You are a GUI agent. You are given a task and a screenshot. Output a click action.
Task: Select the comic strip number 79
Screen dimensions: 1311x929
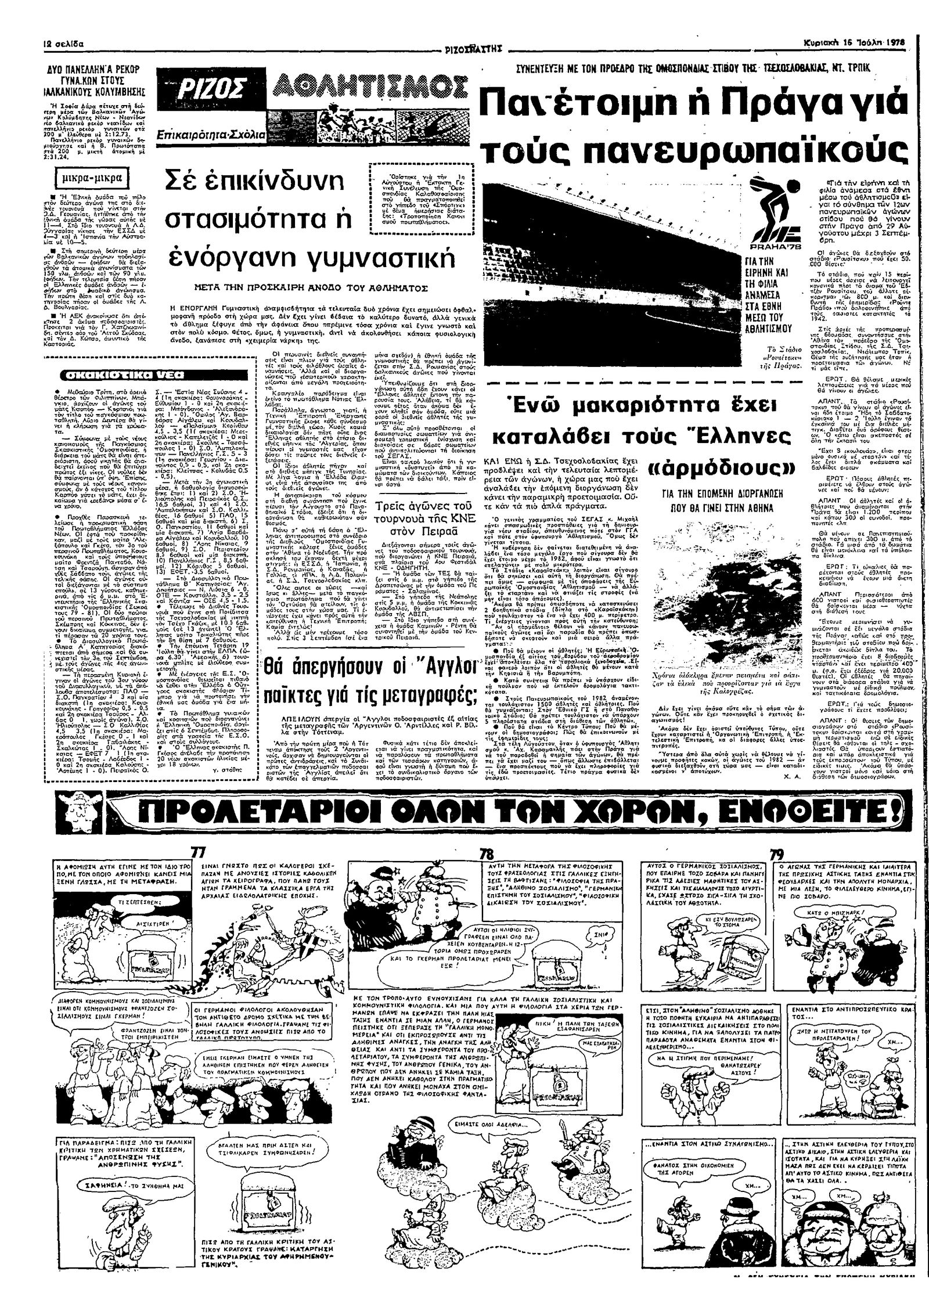pos(776,855)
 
